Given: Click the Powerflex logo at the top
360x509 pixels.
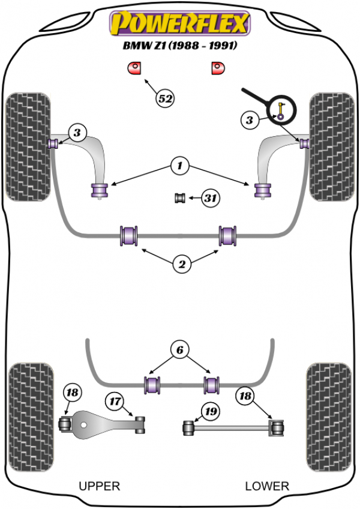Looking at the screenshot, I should (x=178, y=23).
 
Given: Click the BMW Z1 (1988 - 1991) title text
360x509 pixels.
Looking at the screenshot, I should (x=178, y=46).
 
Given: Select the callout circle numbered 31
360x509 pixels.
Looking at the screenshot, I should (x=209, y=197).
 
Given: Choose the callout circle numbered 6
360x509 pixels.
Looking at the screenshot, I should (x=179, y=350).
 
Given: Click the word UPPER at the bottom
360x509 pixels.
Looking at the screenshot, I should (x=100, y=486).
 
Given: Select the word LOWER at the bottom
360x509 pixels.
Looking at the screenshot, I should (x=267, y=486).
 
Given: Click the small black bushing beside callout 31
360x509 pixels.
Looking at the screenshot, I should (x=179, y=197).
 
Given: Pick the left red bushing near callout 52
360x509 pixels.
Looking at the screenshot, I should (x=135, y=68).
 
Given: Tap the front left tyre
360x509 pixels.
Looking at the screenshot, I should (x=27, y=146).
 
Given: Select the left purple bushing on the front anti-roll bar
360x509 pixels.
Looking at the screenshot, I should (x=129, y=235).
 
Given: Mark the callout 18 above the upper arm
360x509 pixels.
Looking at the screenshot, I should (x=71, y=393).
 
